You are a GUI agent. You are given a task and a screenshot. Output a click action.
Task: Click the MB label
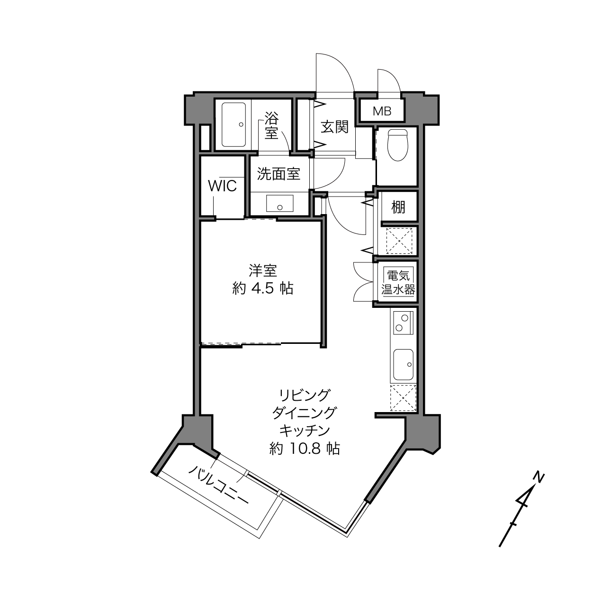point(382,111)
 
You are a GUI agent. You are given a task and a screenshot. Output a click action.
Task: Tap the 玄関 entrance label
point(334,127)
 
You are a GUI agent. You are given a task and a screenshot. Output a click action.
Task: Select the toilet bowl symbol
point(397,145)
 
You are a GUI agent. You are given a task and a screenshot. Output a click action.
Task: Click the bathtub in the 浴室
point(234,125)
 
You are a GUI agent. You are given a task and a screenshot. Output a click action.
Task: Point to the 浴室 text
point(271,125)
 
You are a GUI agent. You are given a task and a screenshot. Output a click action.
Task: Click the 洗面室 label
point(279,174)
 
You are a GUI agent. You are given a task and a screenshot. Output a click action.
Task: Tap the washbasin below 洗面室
point(280,203)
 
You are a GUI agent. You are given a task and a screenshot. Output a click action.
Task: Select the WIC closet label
point(222,186)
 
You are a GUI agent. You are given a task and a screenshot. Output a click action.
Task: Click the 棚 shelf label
point(398,207)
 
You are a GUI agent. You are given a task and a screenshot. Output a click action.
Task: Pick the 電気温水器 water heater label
point(398,282)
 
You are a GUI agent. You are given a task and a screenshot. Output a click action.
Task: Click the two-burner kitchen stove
point(402,323)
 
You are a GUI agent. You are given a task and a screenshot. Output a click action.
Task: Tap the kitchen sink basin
point(403,365)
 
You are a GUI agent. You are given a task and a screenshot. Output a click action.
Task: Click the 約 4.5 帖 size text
point(262,288)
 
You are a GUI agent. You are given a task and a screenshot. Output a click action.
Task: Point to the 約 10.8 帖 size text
point(305,449)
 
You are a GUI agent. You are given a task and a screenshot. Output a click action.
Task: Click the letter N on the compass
point(538,476)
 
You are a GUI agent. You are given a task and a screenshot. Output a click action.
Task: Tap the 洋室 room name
point(263,271)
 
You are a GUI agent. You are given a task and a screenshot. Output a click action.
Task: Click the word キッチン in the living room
point(305,431)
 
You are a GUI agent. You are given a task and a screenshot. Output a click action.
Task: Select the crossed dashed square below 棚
point(399,241)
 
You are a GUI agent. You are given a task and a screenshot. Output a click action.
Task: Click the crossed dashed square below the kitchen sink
point(403,397)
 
